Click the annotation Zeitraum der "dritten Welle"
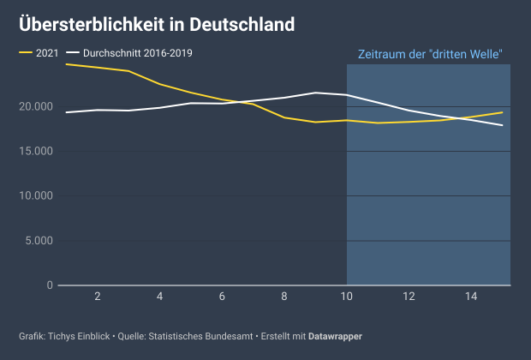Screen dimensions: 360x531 click(x=429, y=54)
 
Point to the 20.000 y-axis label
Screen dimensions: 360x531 click(x=36, y=106)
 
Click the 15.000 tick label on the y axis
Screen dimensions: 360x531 click(x=36, y=151)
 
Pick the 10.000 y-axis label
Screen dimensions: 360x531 click(x=36, y=195)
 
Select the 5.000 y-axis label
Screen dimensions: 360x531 click(x=39, y=241)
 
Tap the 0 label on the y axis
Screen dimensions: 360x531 click(x=50, y=285)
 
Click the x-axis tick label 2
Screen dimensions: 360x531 click(x=98, y=297)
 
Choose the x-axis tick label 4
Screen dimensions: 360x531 click(x=160, y=297)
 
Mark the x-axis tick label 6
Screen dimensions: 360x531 click(x=222, y=297)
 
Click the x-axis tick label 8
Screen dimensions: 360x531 click(x=284, y=297)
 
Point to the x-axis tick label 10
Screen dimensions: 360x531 click(x=347, y=297)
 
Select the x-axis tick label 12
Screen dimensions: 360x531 click(x=409, y=297)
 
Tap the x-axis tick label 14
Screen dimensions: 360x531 click(x=472, y=297)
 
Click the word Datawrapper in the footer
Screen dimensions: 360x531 click(x=335, y=336)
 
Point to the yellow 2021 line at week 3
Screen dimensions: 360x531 click(x=128, y=71)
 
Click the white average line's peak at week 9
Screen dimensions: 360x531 click(x=316, y=93)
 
